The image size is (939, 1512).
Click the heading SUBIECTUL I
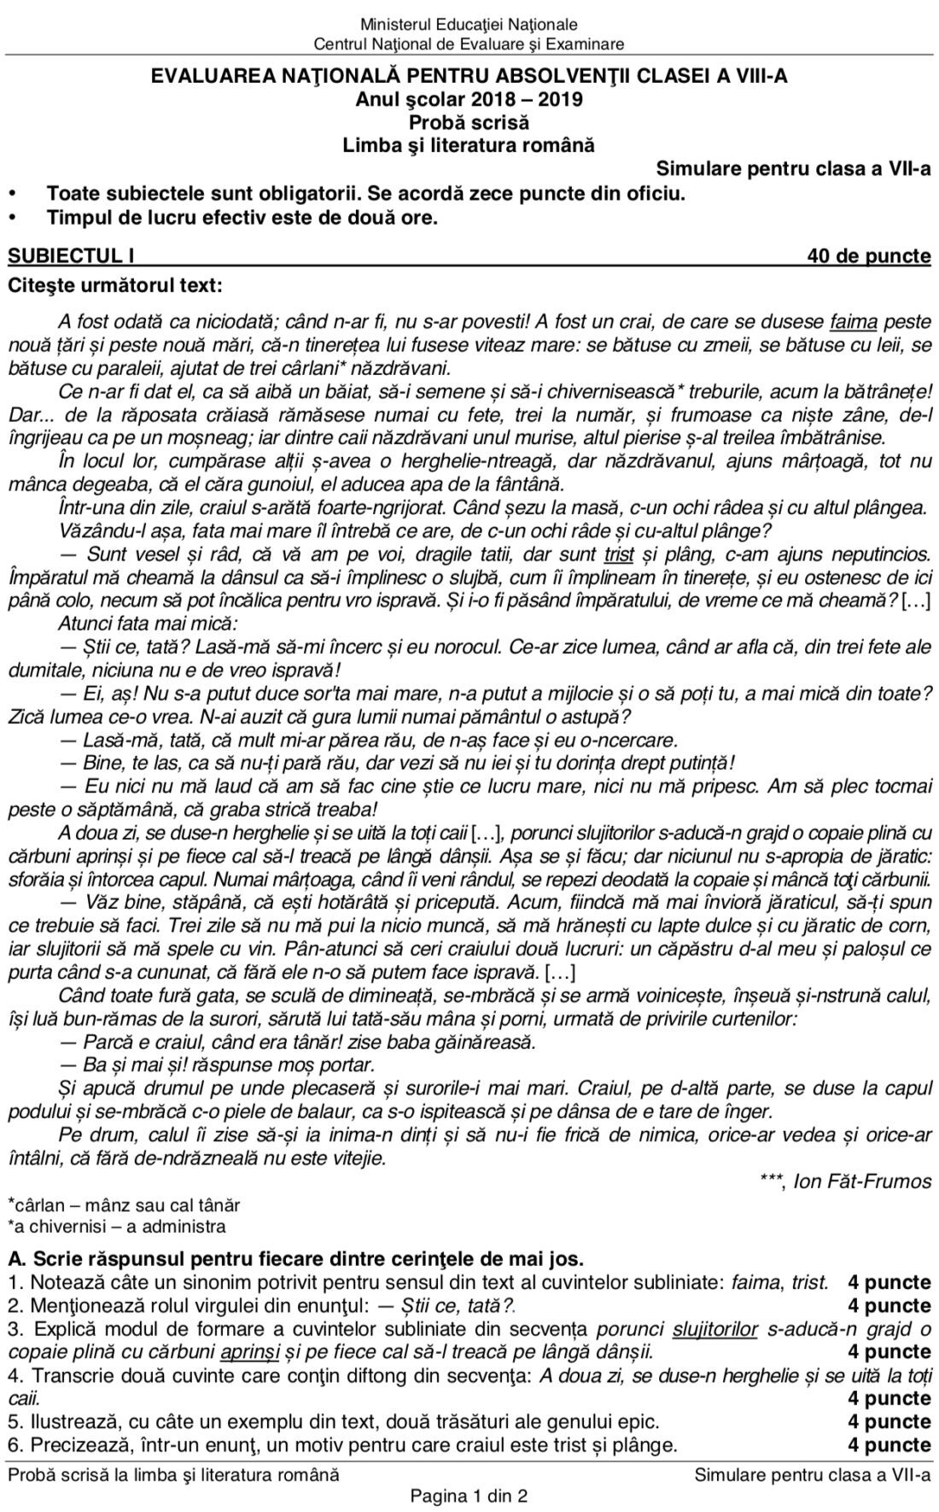(71, 256)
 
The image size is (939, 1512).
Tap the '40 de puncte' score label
(869, 256)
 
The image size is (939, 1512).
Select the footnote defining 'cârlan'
(124, 1205)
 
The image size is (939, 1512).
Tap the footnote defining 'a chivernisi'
(117, 1227)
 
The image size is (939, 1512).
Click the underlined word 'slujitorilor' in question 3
(715, 1328)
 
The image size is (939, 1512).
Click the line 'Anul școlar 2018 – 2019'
(469, 99)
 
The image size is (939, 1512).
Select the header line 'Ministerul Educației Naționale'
(469, 25)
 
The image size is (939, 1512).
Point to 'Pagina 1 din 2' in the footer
(469, 1495)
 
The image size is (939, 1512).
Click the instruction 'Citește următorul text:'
(117, 284)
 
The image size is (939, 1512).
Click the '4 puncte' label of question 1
(889, 1282)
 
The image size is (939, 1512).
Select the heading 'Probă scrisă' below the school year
(469, 122)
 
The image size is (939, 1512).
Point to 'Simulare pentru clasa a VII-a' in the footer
(813, 1474)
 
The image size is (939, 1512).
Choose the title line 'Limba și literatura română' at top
(469, 145)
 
